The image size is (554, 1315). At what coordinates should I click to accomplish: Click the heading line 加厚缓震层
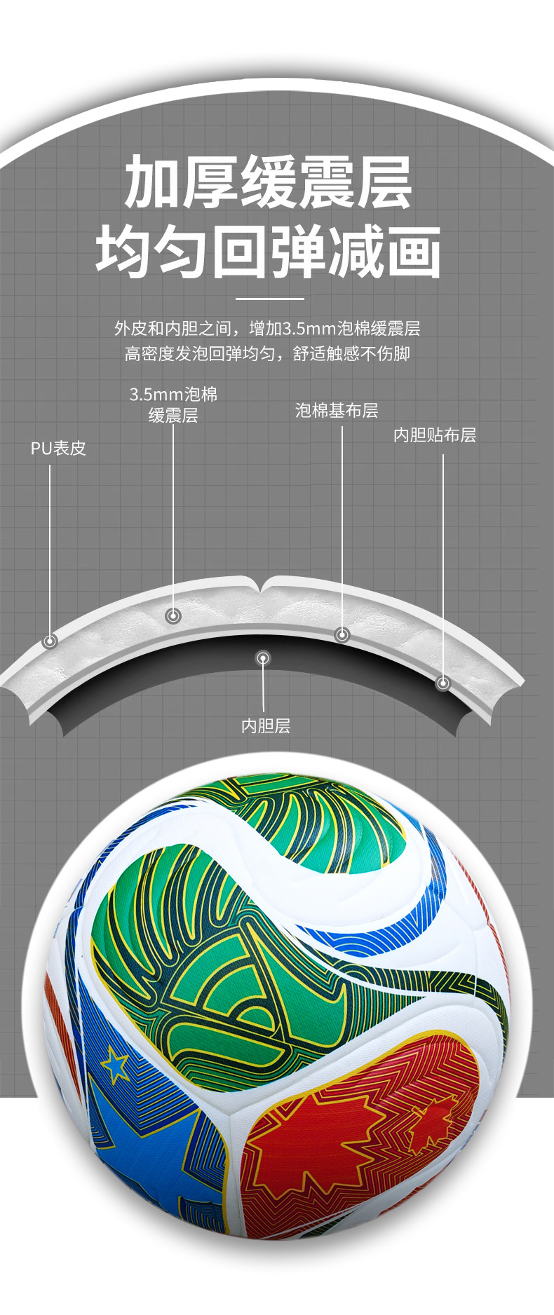[x=268, y=183]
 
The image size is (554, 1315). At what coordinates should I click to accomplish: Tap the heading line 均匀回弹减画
[x=268, y=252]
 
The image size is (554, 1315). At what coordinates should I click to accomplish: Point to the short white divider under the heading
[x=269, y=299]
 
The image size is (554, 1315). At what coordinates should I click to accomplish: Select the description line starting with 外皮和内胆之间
[x=267, y=328]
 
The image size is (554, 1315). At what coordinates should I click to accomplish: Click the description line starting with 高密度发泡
[x=267, y=353]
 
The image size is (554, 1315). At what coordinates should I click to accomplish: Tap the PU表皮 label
[x=58, y=448]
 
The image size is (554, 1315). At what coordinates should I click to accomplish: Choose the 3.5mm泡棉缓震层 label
[x=173, y=404]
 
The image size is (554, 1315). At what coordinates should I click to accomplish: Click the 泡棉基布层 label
[x=337, y=411]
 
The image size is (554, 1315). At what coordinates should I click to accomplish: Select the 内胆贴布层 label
[x=435, y=435]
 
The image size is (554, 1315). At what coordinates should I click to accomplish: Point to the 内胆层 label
[x=266, y=725]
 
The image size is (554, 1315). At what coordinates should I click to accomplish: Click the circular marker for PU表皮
[x=50, y=641]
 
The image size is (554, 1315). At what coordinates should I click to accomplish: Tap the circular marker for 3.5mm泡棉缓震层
[x=173, y=616]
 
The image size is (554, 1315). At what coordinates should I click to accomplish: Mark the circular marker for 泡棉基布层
[x=342, y=634]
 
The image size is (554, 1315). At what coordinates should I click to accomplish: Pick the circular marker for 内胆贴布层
[x=443, y=683]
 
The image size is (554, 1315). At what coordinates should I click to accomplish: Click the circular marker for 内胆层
[x=263, y=658]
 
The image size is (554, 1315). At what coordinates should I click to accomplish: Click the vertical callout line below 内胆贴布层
[x=443, y=561]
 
